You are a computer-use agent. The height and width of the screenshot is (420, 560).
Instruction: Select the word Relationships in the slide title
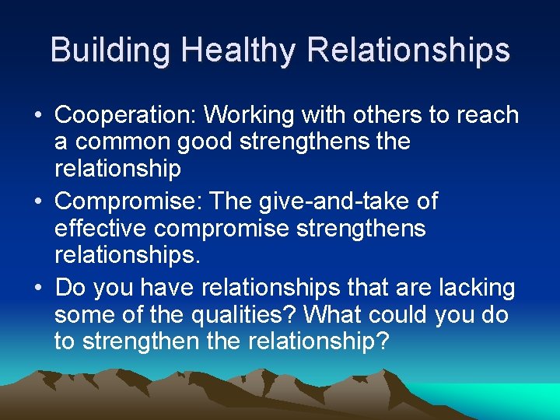(x=409, y=50)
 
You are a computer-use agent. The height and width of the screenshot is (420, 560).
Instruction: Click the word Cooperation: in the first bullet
(x=125, y=115)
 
